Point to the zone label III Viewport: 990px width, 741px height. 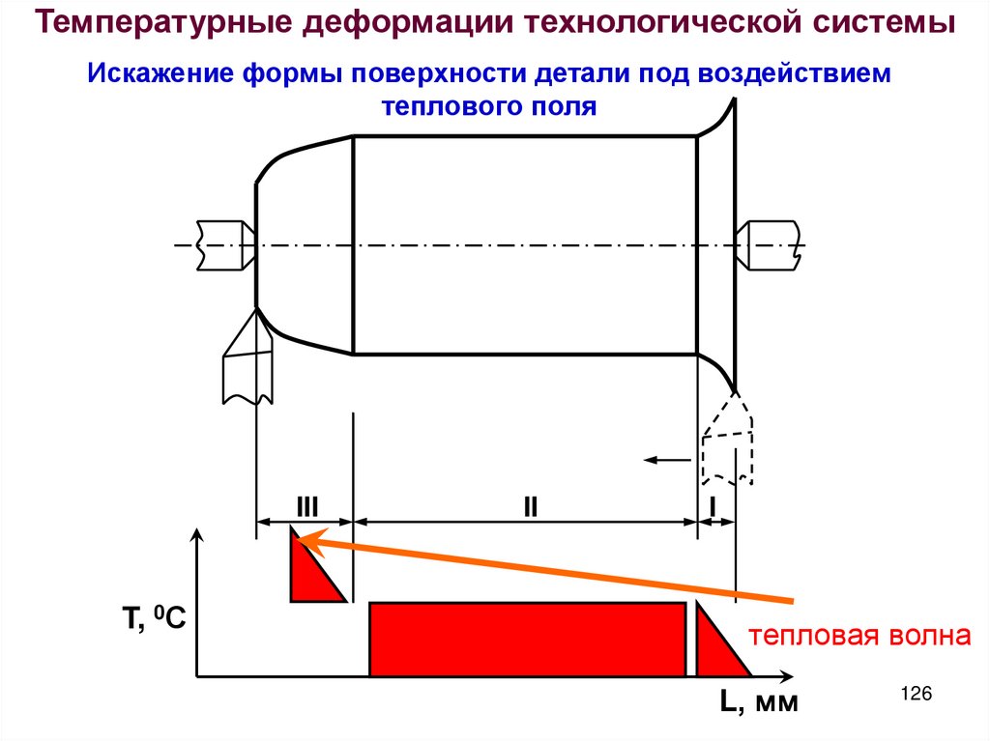[307, 505]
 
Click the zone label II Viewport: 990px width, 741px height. [531, 505]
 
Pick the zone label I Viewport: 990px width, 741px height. [713, 505]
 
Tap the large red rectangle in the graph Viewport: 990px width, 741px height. [528, 639]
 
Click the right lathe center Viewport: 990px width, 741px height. [769, 244]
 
